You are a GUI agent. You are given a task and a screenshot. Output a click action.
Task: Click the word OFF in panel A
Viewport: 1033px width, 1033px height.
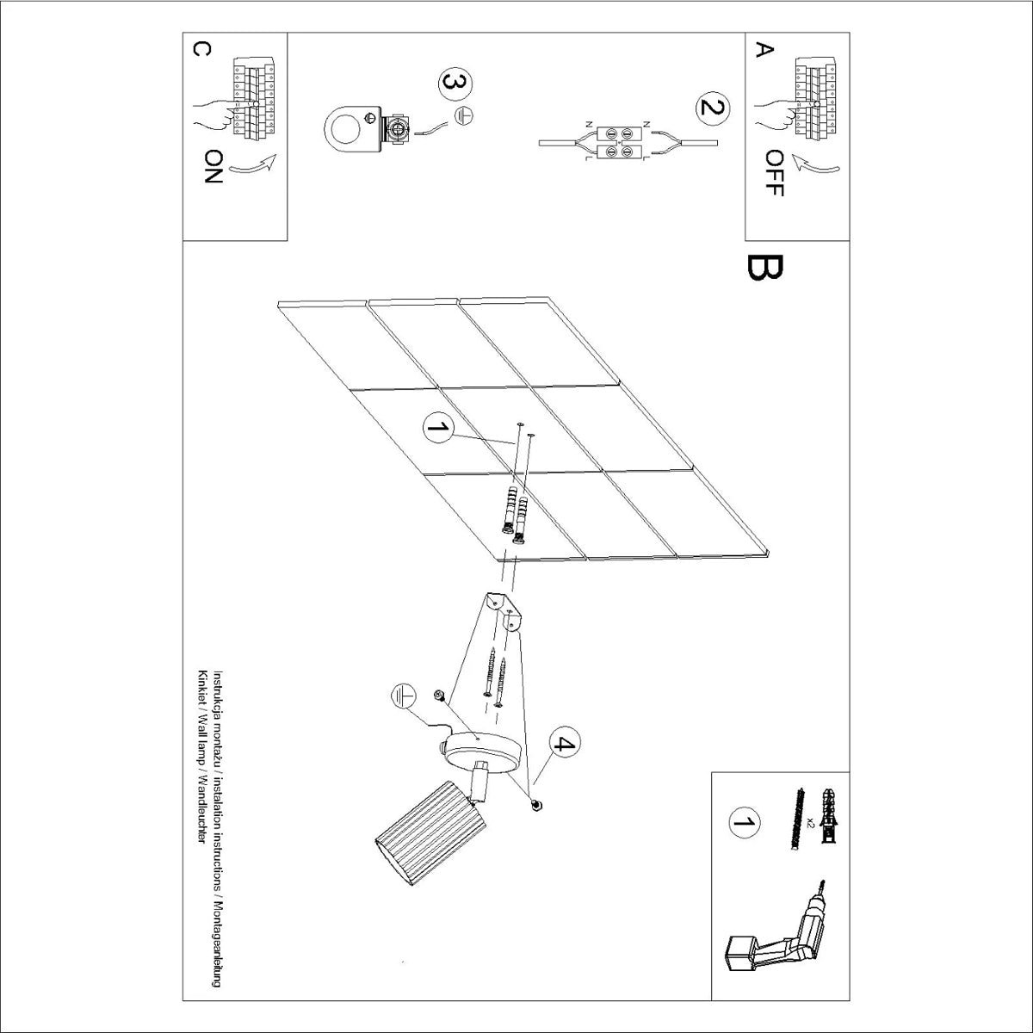pos(774,174)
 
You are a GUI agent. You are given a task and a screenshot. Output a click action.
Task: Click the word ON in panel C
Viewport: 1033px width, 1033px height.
pos(213,166)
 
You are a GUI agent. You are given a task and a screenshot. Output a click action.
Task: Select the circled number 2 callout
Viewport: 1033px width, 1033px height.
pos(713,108)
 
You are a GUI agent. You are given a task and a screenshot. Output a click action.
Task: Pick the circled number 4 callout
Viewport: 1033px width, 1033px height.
pos(565,744)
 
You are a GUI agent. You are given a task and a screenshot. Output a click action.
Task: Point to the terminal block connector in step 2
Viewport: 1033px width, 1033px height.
pos(619,143)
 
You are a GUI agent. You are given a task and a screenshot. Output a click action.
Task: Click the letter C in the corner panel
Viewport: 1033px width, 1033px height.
pos(201,49)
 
